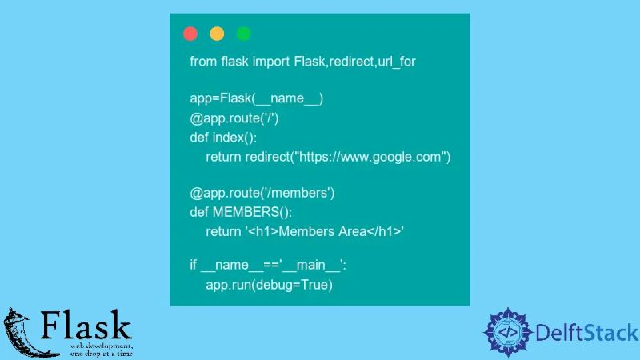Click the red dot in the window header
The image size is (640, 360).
click(190, 34)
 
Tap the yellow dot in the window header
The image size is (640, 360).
click(217, 34)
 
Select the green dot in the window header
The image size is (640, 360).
click(244, 34)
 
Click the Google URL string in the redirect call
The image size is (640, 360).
click(370, 157)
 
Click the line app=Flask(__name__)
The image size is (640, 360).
click(257, 99)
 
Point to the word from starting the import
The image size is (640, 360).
click(203, 62)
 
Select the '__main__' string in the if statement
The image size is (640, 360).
click(301, 266)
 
